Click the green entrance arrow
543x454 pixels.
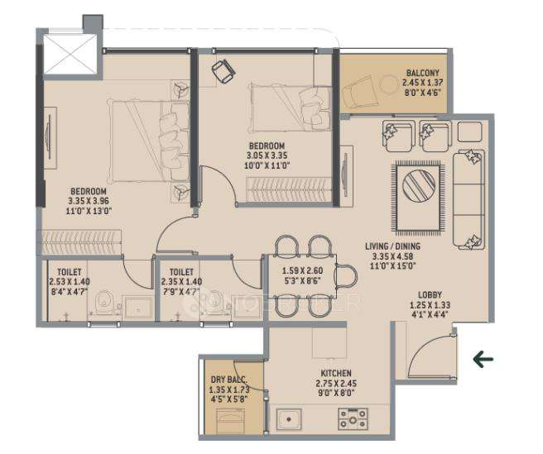[483, 359]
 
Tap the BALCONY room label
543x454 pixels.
[422, 73]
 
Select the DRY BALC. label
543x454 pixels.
[229, 380]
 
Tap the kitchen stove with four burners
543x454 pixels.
[353, 419]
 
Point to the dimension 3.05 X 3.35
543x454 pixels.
[267, 154]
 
